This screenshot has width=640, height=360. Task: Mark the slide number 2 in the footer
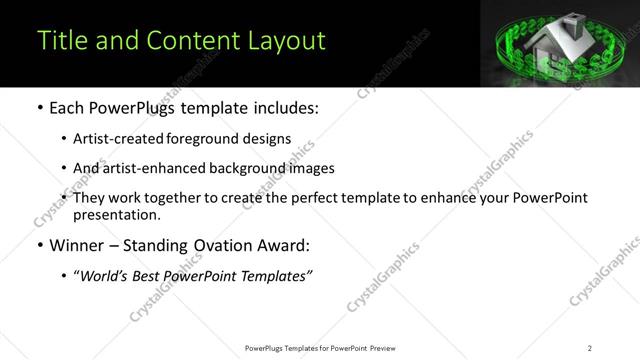pyautogui.click(x=589, y=348)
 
